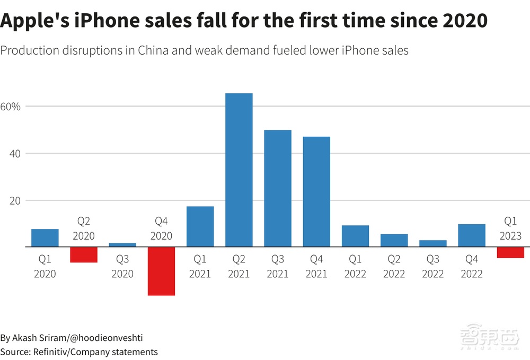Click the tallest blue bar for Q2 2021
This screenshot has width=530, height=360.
239,170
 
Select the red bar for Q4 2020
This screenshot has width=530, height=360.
162,271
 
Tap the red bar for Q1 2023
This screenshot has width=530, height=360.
510,252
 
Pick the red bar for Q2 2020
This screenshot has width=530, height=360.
84,254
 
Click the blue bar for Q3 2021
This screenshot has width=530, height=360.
278,188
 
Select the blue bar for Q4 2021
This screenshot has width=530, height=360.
316,191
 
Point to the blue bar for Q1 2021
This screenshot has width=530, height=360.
200,226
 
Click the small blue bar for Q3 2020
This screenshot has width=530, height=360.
122,245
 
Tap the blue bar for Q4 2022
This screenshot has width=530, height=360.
472,235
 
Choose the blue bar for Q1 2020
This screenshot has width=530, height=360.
45,238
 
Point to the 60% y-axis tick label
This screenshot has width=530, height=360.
10,107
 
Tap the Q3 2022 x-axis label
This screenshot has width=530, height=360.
432,267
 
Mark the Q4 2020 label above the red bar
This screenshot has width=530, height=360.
162,227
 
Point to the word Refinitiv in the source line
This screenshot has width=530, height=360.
51,352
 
